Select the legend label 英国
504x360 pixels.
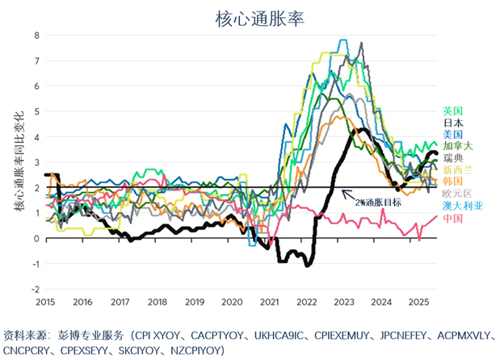453,111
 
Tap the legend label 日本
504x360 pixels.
453,123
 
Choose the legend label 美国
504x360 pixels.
453,135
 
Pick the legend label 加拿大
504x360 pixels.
458,146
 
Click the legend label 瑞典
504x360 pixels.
453,158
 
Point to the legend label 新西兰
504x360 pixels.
458,170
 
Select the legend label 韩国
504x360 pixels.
453,182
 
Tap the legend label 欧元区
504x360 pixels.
458,195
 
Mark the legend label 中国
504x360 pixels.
453,219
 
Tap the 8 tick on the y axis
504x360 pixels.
36,35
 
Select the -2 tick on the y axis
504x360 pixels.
34,289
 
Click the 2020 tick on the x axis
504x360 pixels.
232,302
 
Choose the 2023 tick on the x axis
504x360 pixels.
344,302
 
